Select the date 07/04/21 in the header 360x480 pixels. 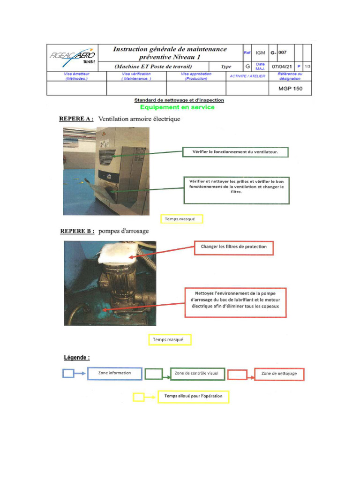point(281,67)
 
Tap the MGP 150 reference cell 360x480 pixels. point(291,88)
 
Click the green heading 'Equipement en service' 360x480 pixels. point(180,107)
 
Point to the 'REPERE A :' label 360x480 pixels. point(76,119)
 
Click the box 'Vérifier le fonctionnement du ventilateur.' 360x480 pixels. point(234,152)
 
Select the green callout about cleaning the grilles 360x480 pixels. point(236,190)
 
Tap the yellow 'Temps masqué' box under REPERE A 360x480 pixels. point(181,219)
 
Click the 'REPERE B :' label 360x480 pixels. point(77,231)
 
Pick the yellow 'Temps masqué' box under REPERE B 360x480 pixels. point(170,339)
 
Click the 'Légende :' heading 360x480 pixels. point(77,358)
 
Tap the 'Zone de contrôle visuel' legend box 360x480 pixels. point(197,374)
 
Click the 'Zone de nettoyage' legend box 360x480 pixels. point(279,374)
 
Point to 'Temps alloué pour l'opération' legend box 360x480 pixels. point(193,397)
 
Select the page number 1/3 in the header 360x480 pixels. point(307,67)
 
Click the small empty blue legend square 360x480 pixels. point(68,374)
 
